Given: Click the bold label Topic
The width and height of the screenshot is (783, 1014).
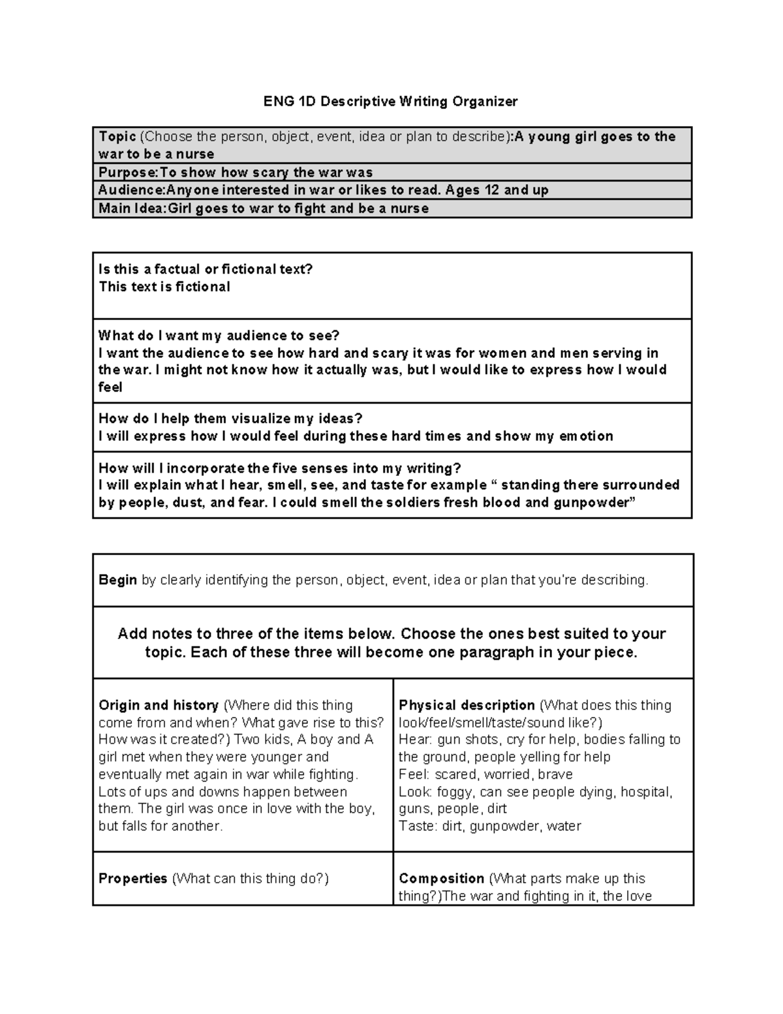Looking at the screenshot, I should (x=117, y=136).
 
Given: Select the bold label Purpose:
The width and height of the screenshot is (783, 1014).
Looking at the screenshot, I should (x=129, y=172).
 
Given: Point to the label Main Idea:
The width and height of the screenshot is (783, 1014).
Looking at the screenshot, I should (x=133, y=208).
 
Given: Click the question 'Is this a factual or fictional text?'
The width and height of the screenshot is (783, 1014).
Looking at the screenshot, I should (x=206, y=269).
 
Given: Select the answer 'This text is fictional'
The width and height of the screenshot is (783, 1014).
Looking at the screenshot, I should (x=164, y=287).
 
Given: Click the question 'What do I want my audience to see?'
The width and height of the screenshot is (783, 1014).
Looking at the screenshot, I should (x=219, y=336).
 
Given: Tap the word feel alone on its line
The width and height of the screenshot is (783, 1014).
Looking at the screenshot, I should (x=110, y=387).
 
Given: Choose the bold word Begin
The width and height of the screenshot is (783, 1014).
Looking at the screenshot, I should (x=117, y=580).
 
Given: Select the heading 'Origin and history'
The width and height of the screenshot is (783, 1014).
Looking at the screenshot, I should (x=159, y=705).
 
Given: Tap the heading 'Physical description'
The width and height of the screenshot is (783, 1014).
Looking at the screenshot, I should (x=467, y=705).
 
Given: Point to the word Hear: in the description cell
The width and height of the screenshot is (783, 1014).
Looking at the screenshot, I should (x=416, y=740).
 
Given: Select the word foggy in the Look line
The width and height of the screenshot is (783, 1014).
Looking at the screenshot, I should (x=454, y=792).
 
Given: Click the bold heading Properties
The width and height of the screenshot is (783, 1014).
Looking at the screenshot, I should (x=133, y=878).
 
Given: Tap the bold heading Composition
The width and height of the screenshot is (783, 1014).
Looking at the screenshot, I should (x=441, y=878).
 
